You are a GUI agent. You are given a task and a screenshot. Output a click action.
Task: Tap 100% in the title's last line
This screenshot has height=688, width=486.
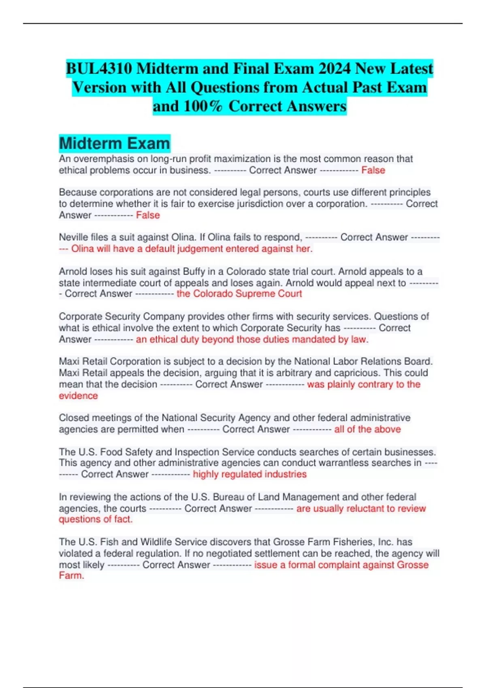(203, 106)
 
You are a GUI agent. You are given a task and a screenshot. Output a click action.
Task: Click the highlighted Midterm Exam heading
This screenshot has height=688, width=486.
(114, 143)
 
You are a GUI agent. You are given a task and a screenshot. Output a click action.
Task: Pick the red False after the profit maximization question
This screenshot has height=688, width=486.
(373, 170)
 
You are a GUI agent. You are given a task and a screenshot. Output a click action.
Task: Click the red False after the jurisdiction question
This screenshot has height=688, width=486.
(148, 215)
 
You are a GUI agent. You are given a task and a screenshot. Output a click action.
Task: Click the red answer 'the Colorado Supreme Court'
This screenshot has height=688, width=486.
(239, 294)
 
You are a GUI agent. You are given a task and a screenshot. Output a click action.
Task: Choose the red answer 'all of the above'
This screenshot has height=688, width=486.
(367, 429)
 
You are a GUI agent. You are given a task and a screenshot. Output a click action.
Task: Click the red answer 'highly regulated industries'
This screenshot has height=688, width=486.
(249, 474)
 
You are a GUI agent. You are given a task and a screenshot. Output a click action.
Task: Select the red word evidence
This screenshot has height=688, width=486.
(78, 396)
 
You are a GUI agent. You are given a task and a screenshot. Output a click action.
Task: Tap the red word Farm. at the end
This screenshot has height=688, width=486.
(71, 575)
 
